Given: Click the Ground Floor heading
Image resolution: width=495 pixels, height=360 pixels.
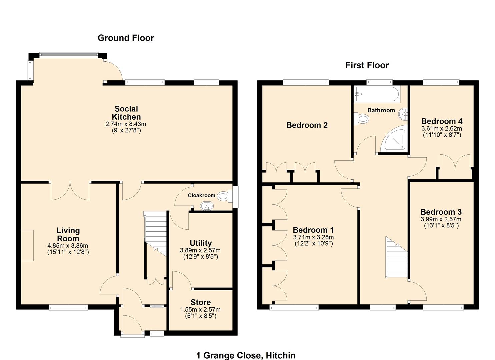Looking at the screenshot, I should click(126, 38).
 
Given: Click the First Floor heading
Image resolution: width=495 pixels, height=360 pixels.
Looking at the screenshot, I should click(367, 65).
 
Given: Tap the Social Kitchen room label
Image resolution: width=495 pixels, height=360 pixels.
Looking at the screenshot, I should click(126, 113).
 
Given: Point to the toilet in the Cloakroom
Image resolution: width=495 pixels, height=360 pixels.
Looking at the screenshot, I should click(224, 196).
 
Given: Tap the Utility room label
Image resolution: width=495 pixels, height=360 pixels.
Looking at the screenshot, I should click(200, 243).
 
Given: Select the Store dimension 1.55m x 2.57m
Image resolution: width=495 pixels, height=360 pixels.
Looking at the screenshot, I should click(200, 309).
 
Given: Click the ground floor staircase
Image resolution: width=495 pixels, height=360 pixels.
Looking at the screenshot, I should click(155, 233).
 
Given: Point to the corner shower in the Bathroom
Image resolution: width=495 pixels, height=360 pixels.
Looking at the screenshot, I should click(396, 140).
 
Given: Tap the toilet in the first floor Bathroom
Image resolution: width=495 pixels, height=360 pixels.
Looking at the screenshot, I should click(361, 118).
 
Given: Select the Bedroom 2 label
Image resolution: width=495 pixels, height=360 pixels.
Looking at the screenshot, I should click(307, 125).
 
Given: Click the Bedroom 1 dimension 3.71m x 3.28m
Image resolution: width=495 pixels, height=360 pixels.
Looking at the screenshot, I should click(313, 237).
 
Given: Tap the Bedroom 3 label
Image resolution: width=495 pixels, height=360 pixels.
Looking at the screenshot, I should click(441, 212).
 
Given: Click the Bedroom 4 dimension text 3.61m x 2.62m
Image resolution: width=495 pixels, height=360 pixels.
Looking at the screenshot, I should click(441, 128).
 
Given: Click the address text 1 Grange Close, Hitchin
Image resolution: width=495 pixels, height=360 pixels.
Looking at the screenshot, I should click(246, 355).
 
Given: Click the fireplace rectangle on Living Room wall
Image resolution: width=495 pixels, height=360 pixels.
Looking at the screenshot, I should click(27, 245).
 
